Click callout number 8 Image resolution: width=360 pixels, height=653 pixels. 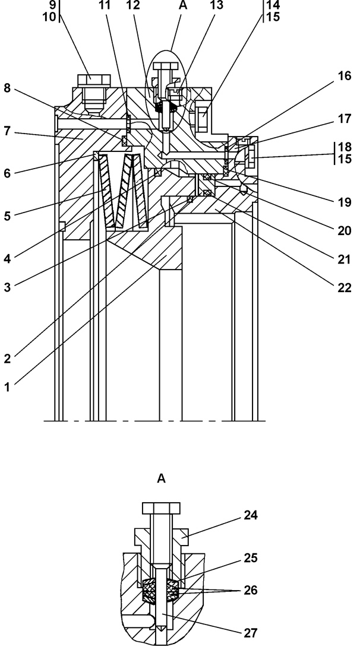point(7,89)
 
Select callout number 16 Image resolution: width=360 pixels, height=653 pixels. point(344,76)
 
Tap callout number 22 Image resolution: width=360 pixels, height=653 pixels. point(344,288)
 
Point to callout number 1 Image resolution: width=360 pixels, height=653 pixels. point(7,387)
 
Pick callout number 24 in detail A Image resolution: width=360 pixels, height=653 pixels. point(251,515)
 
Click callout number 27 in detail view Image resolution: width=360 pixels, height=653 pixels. point(251,633)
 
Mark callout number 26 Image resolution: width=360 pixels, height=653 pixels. point(251,591)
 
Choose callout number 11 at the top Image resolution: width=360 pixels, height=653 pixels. point(106,5)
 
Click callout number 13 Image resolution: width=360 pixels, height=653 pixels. point(216,5)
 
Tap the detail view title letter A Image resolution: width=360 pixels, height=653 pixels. point(161,479)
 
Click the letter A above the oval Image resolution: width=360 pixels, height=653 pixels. point(182,5)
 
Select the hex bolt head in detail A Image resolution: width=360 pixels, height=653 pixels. point(161,508)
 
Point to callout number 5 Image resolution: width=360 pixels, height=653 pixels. point(7,215)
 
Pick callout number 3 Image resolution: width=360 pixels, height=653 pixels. point(7,287)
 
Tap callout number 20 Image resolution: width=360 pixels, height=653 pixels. point(344,230)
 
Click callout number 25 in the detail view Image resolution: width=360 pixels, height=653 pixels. point(251,558)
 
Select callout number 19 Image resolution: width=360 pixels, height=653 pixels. point(344,202)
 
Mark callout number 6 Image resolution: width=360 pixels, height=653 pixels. point(7,173)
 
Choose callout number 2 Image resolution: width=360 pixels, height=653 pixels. point(7,359)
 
